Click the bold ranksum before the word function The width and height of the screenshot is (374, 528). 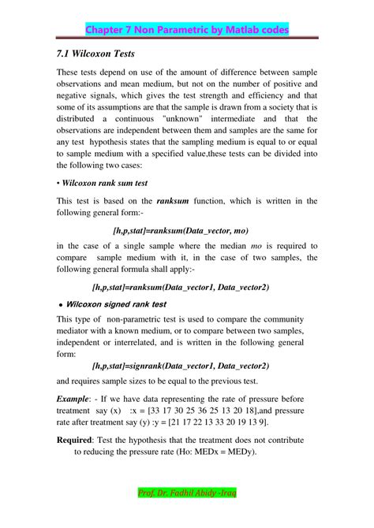pos(178,200)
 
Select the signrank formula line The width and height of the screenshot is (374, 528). pos(181,366)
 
